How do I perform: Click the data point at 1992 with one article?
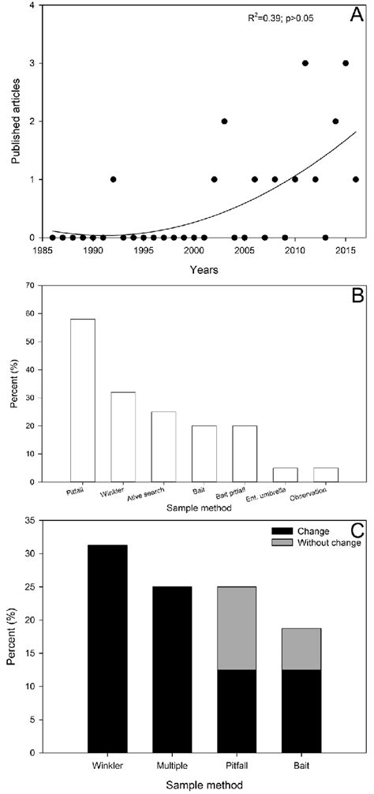click(x=113, y=179)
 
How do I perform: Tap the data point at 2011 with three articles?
click(x=305, y=63)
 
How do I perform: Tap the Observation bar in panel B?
click(x=326, y=474)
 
